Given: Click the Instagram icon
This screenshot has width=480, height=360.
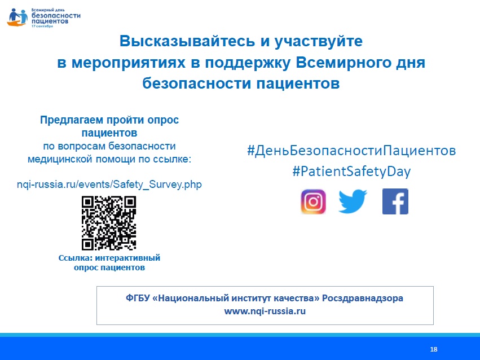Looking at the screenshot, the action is point(313,202).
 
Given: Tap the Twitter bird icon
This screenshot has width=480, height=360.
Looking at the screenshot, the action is point(353,201).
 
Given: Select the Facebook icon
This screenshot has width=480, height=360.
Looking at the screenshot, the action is point(395,201).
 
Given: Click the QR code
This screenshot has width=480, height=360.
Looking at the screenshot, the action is point(109,223).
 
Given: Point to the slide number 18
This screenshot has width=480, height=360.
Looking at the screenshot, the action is point(434,349).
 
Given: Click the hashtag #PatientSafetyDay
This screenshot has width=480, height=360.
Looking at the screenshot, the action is point(351,171).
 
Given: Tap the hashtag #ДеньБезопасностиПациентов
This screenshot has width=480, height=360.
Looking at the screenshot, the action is point(351,151).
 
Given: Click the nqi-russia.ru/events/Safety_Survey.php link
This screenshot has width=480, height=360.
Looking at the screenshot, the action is point(109,185).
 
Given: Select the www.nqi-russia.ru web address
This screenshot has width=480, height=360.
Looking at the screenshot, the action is point(265,311).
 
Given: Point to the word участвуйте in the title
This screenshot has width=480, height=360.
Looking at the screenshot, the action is point(318,42).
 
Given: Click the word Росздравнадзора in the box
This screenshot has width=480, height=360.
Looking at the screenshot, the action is point(363,298).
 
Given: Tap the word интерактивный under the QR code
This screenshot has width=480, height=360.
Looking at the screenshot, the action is point(127,258).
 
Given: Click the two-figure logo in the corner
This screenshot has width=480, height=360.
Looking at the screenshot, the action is point(17,17).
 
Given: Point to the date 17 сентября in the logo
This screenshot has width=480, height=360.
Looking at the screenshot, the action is point(42,27).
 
